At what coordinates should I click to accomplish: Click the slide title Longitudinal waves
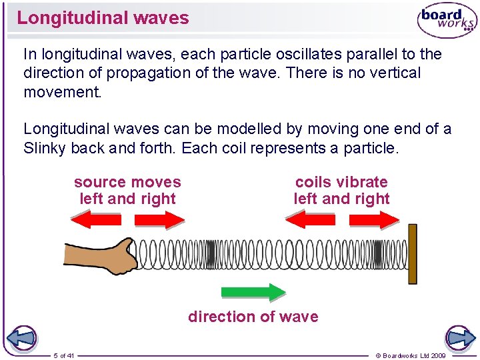click(103, 18)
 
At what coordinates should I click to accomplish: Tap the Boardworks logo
click(446, 20)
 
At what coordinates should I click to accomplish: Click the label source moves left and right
click(127, 190)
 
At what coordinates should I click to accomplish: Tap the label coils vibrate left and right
click(341, 190)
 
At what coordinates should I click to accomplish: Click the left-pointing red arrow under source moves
click(96, 219)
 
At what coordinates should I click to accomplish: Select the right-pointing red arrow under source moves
click(159, 219)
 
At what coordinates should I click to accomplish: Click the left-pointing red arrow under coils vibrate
click(310, 219)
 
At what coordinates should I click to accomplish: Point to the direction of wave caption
click(253, 317)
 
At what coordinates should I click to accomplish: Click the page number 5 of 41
click(64, 355)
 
